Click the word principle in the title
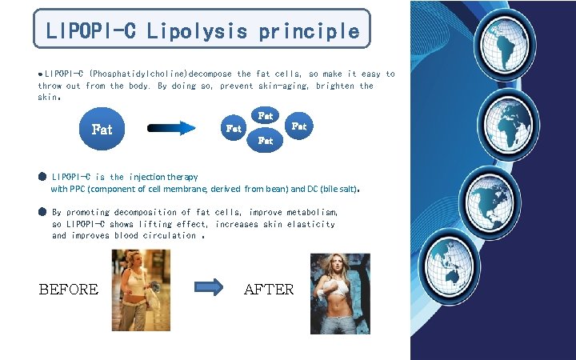pyautogui.click(x=308, y=31)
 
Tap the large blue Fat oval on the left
pyautogui.click(x=102, y=128)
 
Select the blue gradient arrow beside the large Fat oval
pyautogui.click(x=172, y=128)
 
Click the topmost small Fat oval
pyautogui.click(x=266, y=116)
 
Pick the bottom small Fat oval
pyautogui.click(x=266, y=141)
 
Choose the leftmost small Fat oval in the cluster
pyautogui.click(x=234, y=128)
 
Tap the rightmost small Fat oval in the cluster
pyautogui.click(x=298, y=126)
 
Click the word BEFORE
pyautogui.click(x=69, y=290)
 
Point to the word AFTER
pyautogui.click(x=269, y=290)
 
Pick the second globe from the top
pyautogui.click(x=510, y=124)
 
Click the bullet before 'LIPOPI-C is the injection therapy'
pyautogui.click(x=42, y=176)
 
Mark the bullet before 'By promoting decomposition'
pyautogui.click(x=42, y=212)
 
